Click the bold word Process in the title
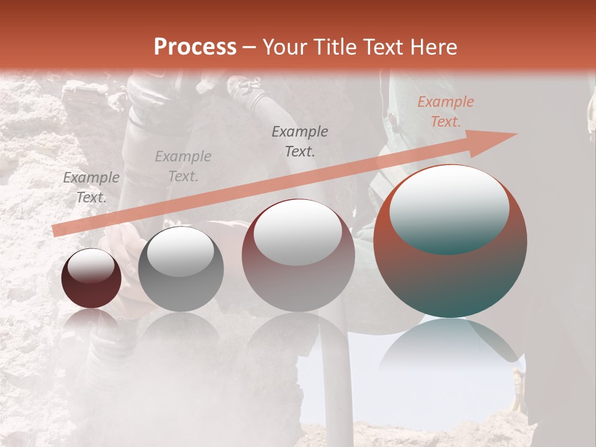195,47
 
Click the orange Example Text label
445,112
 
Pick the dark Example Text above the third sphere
300,141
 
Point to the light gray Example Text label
183,166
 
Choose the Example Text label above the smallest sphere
91,187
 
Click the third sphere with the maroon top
298,273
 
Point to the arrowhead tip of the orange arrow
515,134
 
